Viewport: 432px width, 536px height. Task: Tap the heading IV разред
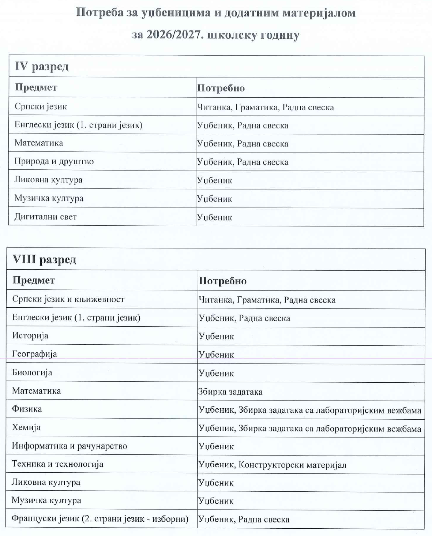[x=41, y=67]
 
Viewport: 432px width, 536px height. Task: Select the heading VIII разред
[x=44, y=259]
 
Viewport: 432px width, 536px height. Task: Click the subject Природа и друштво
[x=54, y=161]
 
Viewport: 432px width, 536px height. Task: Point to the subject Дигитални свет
[x=45, y=217]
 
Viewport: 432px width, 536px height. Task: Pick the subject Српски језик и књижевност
[x=68, y=299]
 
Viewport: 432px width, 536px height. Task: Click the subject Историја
[x=30, y=336]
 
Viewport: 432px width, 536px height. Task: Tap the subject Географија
[x=34, y=354]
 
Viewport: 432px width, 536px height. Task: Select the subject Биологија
[x=32, y=372]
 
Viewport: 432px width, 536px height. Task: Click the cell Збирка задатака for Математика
[x=230, y=392]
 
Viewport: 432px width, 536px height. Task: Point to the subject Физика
[x=27, y=409]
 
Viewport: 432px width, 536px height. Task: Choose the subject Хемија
[x=26, y=427]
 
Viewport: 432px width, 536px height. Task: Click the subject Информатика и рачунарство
[x=70, y=446]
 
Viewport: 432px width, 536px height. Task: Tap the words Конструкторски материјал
[x=292, y=465]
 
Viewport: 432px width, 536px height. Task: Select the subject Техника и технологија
[x=57, y=464]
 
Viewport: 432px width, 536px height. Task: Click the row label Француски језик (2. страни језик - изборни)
[x=100, y=519]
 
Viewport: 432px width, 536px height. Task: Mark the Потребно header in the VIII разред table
[x=222, y=281]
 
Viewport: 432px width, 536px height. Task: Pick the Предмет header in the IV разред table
[x=36, y=87]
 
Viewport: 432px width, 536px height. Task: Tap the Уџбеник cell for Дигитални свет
[x=215, y=217]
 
